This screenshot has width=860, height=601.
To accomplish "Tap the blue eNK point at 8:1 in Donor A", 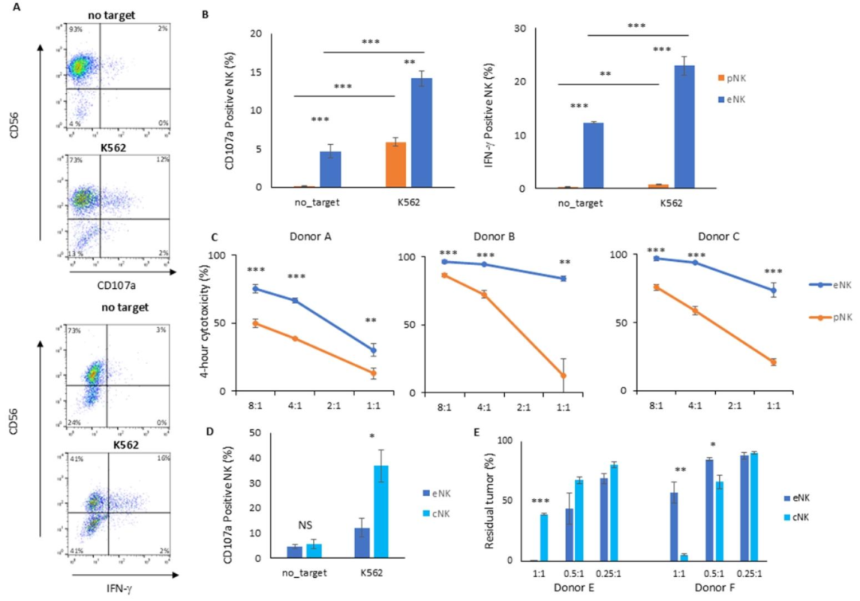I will (x=256, y=288).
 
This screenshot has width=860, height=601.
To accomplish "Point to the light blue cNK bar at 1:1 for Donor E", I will (x=544, y=537).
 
